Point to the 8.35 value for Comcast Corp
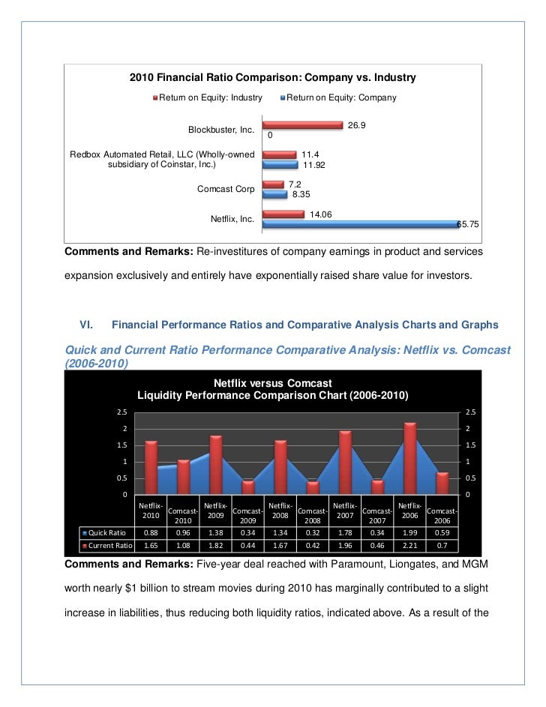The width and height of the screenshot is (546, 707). (x=302, y=193)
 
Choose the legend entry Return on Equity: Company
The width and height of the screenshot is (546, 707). (x=341, y=97)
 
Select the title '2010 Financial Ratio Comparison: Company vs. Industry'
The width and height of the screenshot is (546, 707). (x=272, y=78)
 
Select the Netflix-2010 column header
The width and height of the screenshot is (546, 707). (x=151, y=511)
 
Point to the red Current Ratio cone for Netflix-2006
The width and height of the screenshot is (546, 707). (x=409, y=457)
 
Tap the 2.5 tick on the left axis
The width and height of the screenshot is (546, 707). (x=121, y=412)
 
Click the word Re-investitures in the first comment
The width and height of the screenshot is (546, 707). (x=232, y=250)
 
